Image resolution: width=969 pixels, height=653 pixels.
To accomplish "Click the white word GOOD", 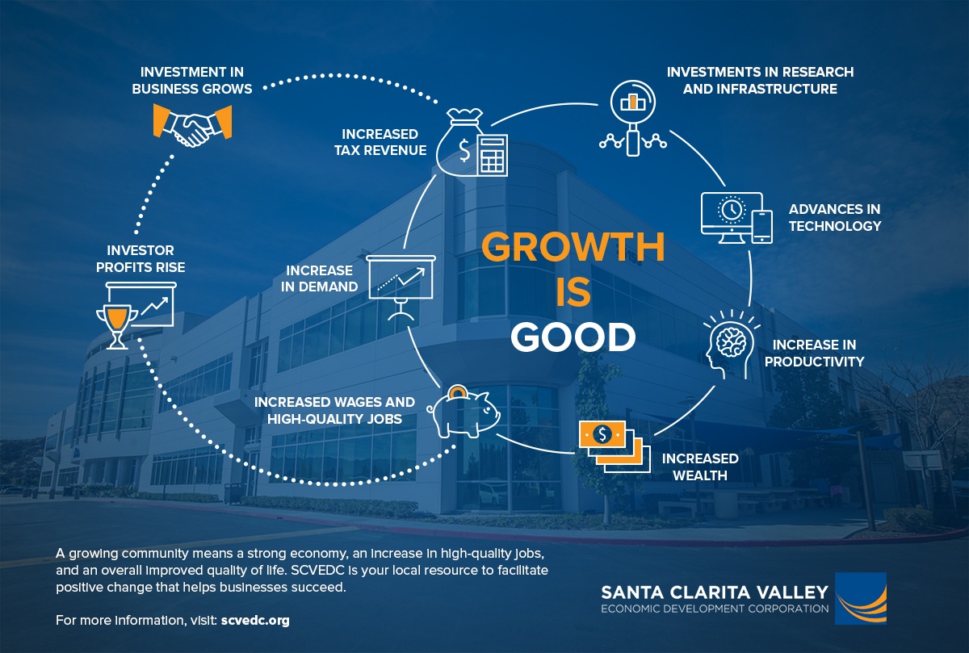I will [573, 337].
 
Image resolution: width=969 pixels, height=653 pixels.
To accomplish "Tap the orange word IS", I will [573, 292].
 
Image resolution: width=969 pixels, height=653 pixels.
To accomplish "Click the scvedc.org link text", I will [254, 621].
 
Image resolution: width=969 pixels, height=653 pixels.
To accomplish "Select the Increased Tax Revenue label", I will [380, 141].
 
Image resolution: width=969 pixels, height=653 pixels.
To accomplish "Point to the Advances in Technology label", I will [834, 217].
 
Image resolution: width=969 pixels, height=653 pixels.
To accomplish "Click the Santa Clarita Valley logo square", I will [860, 598].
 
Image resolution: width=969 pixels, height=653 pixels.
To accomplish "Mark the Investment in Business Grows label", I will [192, 80].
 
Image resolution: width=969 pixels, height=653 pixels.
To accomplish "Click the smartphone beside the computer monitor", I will [762, 226].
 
